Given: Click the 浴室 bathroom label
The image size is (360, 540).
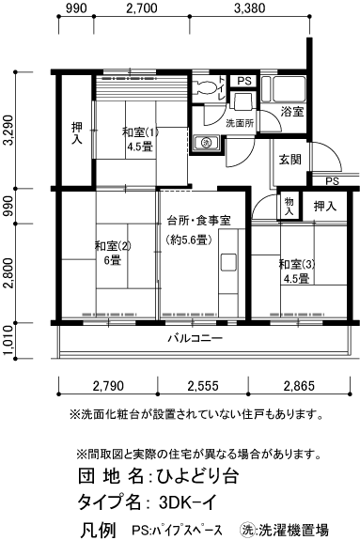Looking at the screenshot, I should [291, 112].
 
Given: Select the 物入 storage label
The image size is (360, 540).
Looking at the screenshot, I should [290, 207].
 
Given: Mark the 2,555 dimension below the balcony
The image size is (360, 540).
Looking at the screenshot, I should [205, 386].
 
